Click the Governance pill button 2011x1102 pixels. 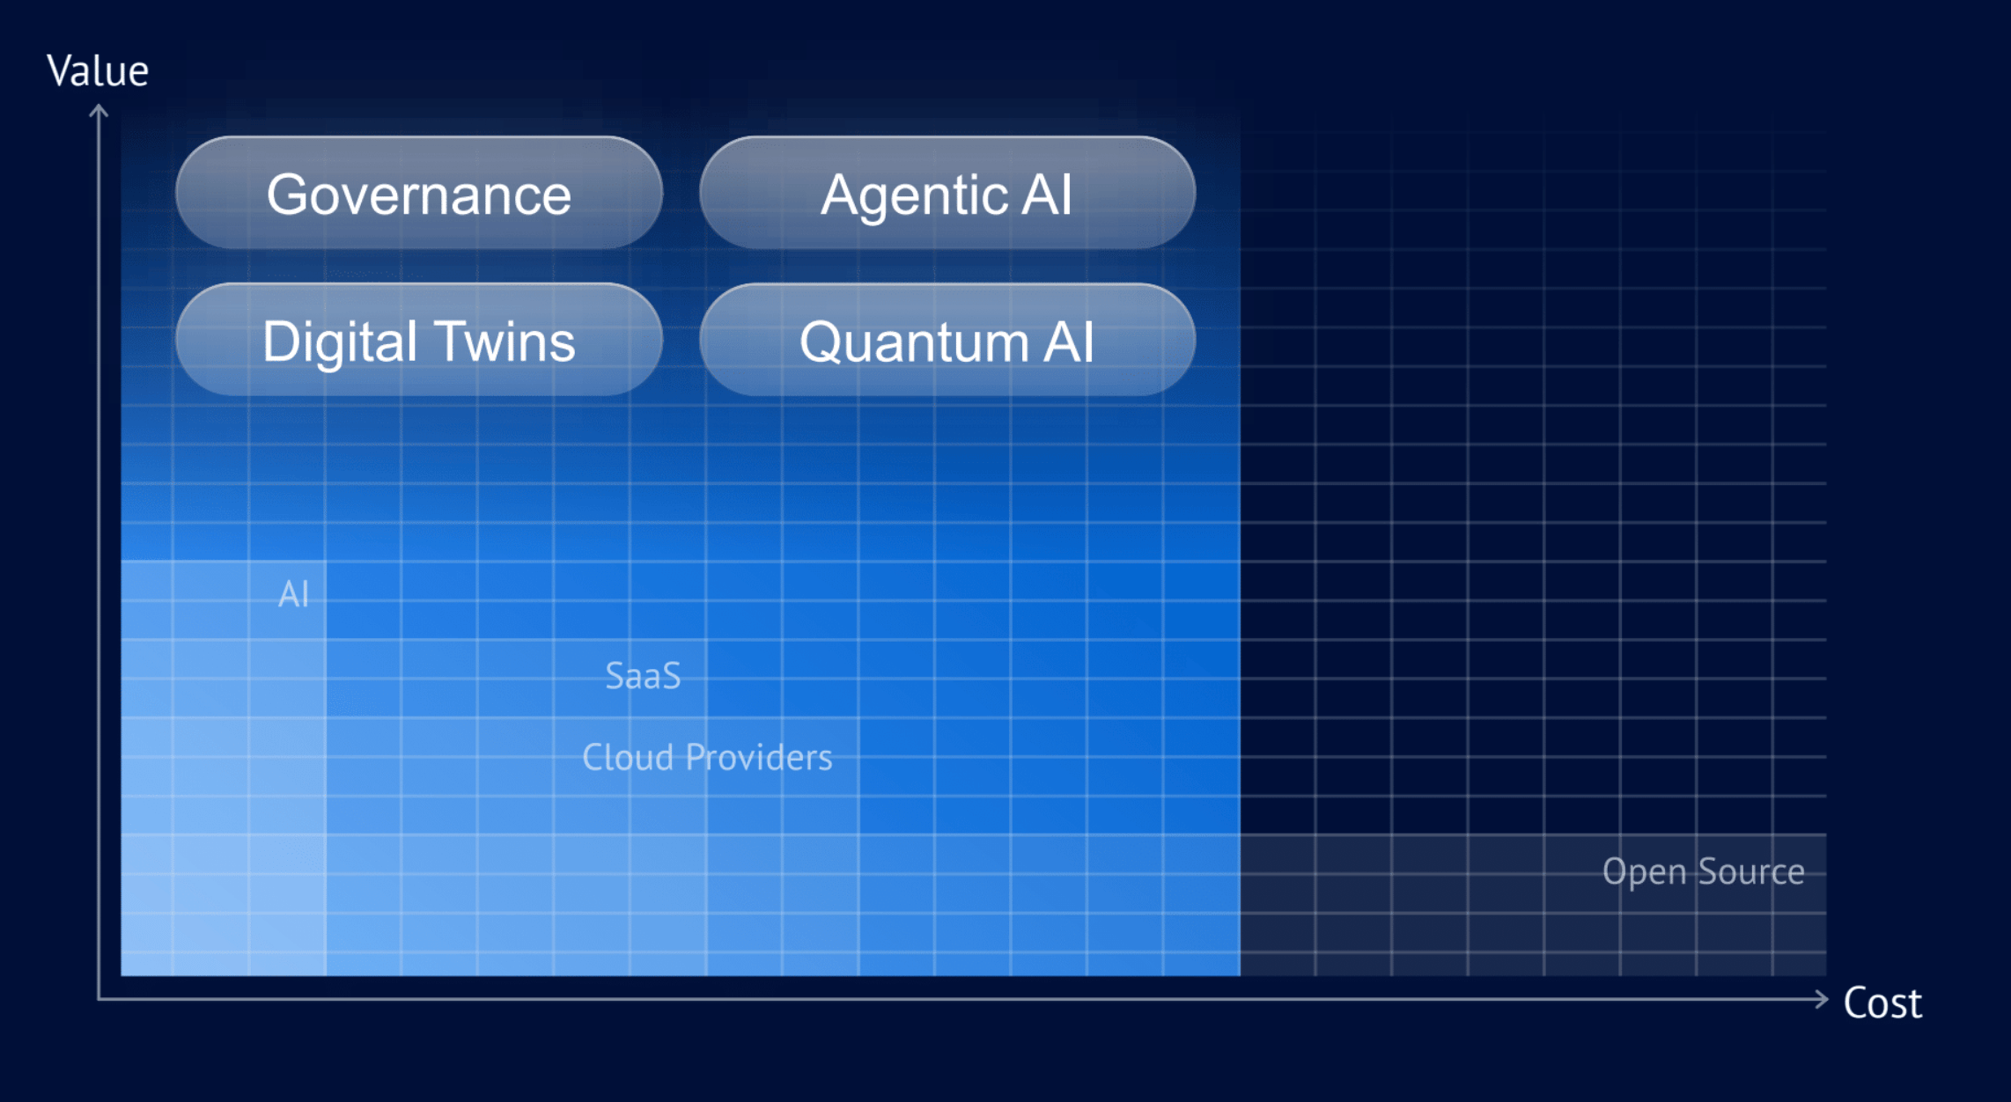pyautogui.click(x=419, y=193)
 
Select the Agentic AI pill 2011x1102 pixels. pyautogui.click(x=947, y=193)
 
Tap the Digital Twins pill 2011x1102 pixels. pyautogui.click(x=419, y=340)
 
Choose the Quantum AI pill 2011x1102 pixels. pyautogui.click(x=947, y=340)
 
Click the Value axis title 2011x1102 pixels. pyautogui.click(x=98, y=70)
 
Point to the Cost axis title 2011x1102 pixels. pyautogui.click(x=1882, y=1003)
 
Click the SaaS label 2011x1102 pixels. pyautogui.click(x=644, y=676)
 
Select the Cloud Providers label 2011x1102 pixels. pyautogui.click(x=707, y=757)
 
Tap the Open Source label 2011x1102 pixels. pyautogui.click(x=1703, y=872)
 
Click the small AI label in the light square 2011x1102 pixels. pyautogui.click(x=293, y=594)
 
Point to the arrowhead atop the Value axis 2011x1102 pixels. pyautogui.click(x=99, y=111)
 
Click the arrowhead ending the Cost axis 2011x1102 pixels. pyautogui.click(x=1822, y=999)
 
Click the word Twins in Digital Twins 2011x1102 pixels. pyautogui.click(x=505, y=342)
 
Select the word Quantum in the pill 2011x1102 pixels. pyautogui.click(x=914, y=342)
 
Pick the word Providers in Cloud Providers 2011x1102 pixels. pyautogui.click(x=759, y=757)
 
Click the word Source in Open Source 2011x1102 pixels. pyautogui.click(x=1751, y=871)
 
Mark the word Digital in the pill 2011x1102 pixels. pyautogui.click(x=340, y=342)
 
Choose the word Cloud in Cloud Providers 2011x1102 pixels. pyautogui.click(x=628, y=757)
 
